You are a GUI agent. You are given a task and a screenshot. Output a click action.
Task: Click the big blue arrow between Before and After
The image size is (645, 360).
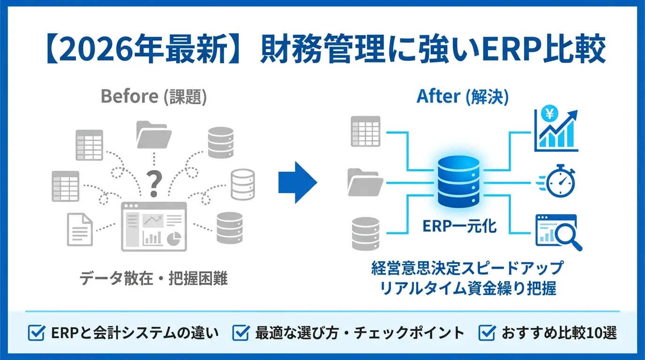click(x=298, y=182)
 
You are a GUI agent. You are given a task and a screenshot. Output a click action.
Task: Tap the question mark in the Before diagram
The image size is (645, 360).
click(x=154, y=183)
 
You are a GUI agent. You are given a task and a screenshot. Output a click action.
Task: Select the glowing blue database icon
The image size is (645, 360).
click(x=458, y=181)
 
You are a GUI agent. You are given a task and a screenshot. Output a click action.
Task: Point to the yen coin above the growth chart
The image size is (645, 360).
click(x=549, y=113)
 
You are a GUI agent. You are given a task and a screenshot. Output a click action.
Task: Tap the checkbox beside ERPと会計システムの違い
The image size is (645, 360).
click(x=37, y=333)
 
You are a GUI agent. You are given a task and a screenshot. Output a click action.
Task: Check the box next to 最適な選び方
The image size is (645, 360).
click(x=241, y=333)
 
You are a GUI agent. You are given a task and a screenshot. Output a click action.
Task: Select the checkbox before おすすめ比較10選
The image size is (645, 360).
click(x=487, y=333)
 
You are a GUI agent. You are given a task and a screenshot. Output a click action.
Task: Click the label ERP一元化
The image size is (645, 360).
click(x=459, y=226)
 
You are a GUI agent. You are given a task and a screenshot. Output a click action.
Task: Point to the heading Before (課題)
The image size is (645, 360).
click(x=154, y=96)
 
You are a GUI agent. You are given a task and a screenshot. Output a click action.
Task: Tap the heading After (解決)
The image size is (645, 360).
click(x=463, y=96)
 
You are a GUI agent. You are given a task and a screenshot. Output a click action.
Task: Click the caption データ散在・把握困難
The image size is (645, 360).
click(x=153, y=278)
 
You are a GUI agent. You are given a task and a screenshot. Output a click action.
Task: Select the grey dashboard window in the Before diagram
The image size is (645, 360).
click(x=154, y=226)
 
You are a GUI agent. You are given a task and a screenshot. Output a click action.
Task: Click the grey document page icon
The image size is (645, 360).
click(x=80, y=230)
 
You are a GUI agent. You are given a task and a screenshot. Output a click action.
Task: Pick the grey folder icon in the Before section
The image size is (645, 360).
click(x=154, y=135)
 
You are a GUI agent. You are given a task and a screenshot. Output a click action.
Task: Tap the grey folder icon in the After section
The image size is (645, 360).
click(x=365, y=182)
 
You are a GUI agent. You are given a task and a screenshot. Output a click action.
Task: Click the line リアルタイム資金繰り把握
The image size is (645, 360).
click(x=468, y=288)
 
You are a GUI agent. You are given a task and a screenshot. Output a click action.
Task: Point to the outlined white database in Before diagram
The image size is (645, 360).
click(x=243, y=185)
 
